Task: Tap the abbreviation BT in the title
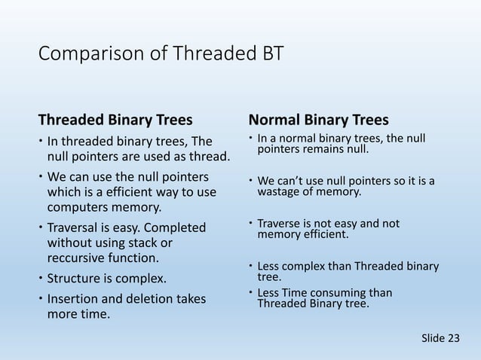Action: tap(272, 53)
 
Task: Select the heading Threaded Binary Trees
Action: tap(115, 120)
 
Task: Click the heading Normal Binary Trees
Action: tap(319, 120)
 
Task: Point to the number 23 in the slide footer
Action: tap(454, 338)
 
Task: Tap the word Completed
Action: tap(175, 228)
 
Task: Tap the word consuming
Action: tap(338, 293)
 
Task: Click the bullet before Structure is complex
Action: tap(41, 278)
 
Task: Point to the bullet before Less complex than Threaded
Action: tap(250, 265)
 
